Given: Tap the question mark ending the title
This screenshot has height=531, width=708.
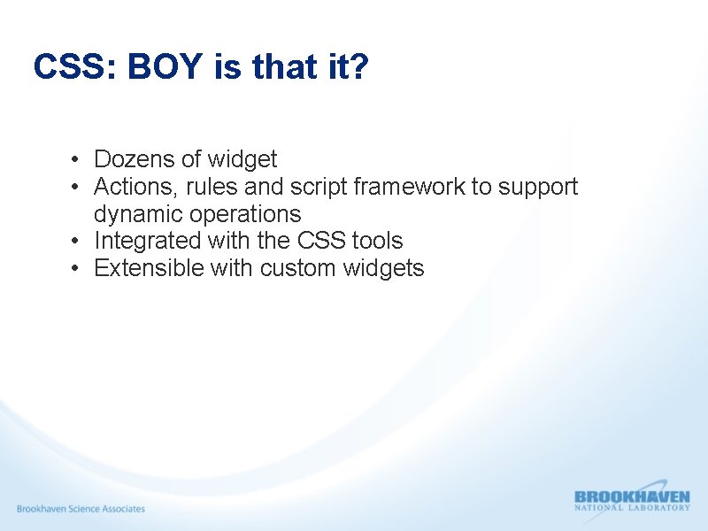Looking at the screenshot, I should pyautogui.click(x=358, y=67).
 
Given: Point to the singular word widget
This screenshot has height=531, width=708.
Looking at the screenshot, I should pyautogui.click(x=242, y=159).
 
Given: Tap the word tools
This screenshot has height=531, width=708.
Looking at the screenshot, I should pyautogui.click(x=377, y=241).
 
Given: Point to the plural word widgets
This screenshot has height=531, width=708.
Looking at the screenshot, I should pyautogui.click(x=388, y=268).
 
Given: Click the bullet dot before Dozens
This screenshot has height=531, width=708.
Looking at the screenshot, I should pyautogui.click(x=78, y=160).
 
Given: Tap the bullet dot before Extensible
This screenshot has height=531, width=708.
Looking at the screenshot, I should pyautogui.click(x=78, y=269).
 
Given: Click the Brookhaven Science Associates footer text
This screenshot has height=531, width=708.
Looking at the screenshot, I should pyautogui.click(x=81, y=509).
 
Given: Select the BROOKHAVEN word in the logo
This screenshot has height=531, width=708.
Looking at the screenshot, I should pyautogui.click(x=631, y=497).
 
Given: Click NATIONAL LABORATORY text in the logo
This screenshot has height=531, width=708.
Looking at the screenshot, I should pyautogui.click(x=631, y=508).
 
